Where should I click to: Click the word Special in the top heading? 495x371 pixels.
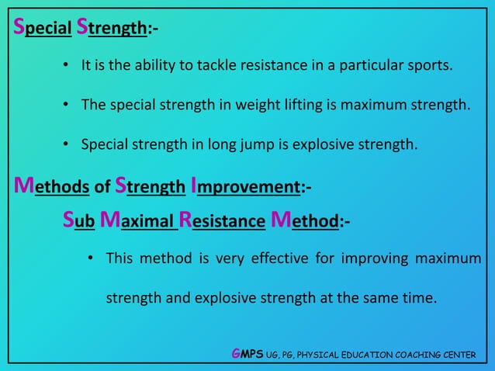[x=42, y=29]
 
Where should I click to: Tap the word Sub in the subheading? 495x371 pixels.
[x=79, y=222]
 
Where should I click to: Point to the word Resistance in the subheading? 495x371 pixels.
[x=223, y=222]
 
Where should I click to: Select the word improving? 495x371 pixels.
[x=364, y=258]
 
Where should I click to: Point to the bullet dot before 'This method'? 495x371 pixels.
[x=92, y=258]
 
